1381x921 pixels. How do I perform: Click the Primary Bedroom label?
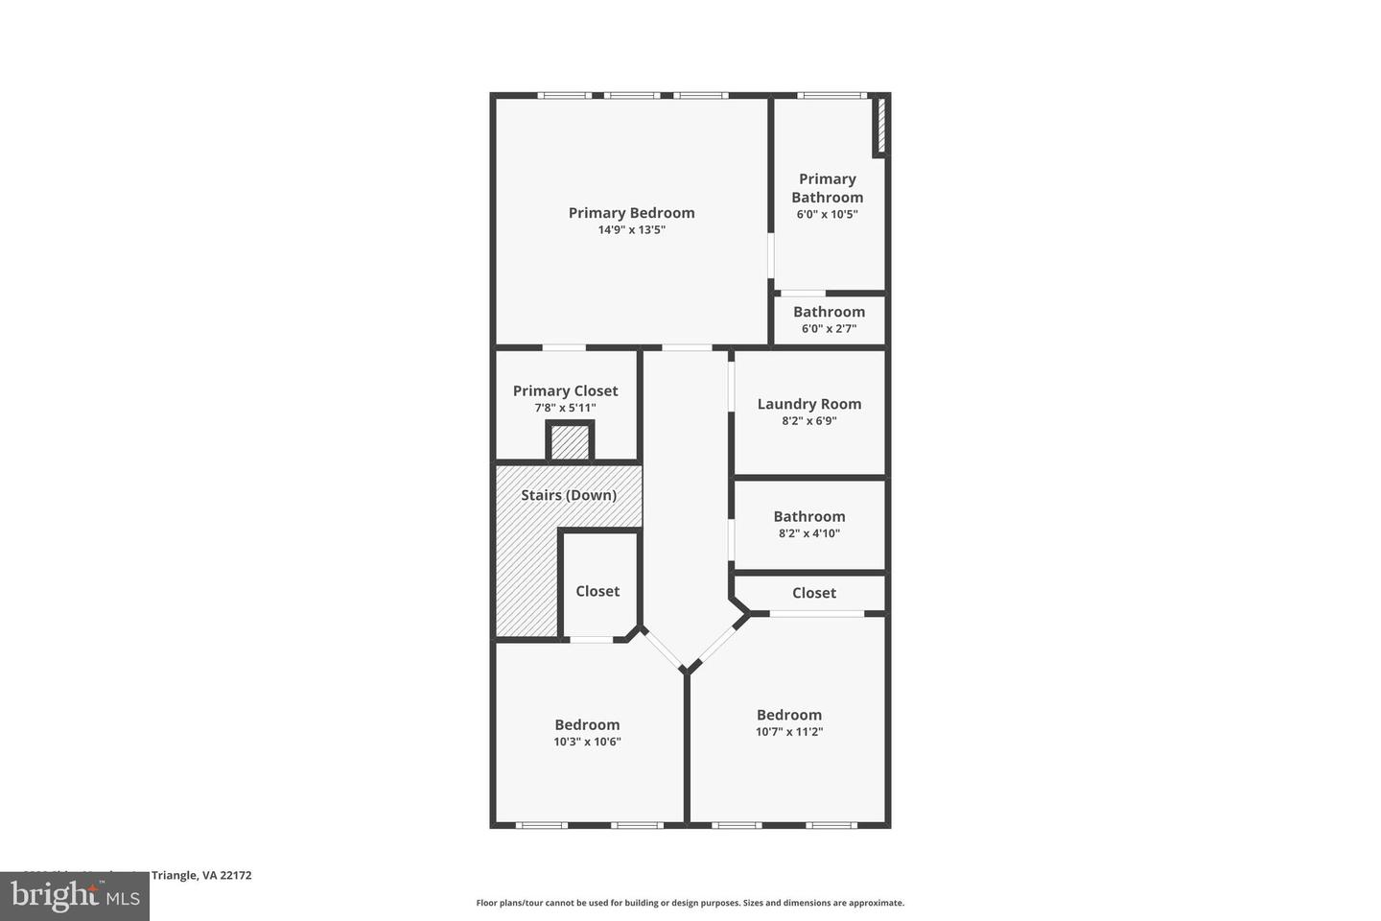631,213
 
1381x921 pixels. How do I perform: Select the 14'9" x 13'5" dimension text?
631,230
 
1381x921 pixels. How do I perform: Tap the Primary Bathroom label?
828,188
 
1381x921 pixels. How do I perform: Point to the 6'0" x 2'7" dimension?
829,329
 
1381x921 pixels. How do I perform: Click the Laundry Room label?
809,404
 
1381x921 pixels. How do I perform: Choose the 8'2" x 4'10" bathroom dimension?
809,533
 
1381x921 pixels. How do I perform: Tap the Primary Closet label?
565,390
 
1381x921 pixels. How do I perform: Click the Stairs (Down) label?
569,495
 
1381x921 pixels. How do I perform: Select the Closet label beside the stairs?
597,591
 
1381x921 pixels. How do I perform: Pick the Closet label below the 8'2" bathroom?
814,593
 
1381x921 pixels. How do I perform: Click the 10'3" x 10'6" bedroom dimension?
587,742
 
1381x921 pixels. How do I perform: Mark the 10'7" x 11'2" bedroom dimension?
789,732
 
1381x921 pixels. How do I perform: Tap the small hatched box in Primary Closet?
570,443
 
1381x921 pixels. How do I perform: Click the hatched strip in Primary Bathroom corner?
881,126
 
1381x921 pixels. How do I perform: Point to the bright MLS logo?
74,897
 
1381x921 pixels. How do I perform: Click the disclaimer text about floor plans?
690,903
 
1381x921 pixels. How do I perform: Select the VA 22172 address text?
226,875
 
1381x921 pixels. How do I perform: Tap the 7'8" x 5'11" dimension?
565,408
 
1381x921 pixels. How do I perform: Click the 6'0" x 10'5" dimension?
828,215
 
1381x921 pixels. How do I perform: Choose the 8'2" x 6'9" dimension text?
809,421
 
